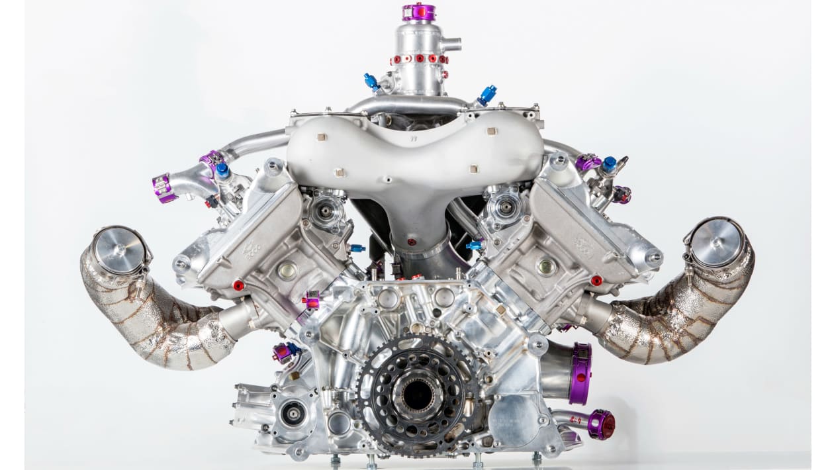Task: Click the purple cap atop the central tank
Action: (x=419, y=12)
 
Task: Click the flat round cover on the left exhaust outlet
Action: (x=119, y=250)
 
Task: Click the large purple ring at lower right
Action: (x=580, y=373)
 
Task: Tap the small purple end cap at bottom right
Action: (x=601, y=424)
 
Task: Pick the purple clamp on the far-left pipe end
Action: (x=163, y=188)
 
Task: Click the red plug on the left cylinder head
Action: (x=238, y=285)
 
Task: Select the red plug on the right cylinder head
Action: (x=596, y=281)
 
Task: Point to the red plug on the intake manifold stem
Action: (x=412, y=242)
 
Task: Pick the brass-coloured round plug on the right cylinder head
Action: (x=546, y=266)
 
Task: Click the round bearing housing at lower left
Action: (x=292, y=414)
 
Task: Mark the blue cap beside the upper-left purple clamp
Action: (x=222, y=171)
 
